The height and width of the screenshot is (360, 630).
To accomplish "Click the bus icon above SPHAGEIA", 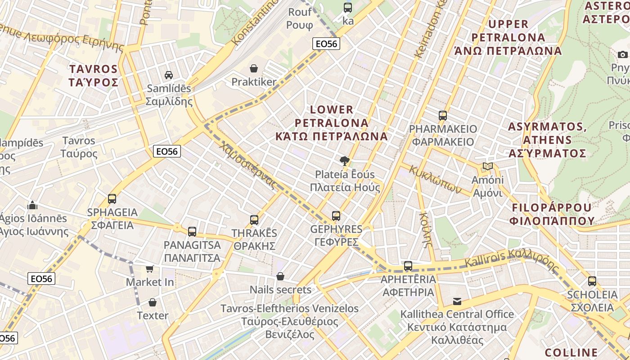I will (x=112, y=198).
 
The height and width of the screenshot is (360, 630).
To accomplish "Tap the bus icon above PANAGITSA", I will (x=192, y=232).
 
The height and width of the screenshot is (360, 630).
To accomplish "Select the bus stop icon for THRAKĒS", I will (x=254, y=220).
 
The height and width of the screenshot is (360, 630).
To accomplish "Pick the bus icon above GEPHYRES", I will (x=336, y=216).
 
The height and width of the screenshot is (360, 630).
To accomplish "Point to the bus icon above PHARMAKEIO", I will (x=443, y=116).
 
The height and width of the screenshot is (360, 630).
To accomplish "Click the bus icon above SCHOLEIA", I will (x=592, y=281).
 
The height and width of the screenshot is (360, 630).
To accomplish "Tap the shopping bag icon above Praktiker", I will (x=254, y=68).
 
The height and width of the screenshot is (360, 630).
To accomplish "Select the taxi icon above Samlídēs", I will (x=169, y=75).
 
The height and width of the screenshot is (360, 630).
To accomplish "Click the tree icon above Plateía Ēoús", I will (x=345, y=161).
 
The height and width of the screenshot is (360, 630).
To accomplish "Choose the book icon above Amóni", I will (x=487, y=166).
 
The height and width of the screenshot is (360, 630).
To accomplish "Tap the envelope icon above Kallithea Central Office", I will (x=457, y=301).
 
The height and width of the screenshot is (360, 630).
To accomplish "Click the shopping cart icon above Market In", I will (x=150, y=269).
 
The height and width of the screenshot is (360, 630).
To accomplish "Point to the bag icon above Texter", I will (x=153, y=302).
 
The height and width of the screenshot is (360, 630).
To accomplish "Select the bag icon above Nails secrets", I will (x=280, y=276).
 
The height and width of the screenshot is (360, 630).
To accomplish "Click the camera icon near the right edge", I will (x=623, y=54).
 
